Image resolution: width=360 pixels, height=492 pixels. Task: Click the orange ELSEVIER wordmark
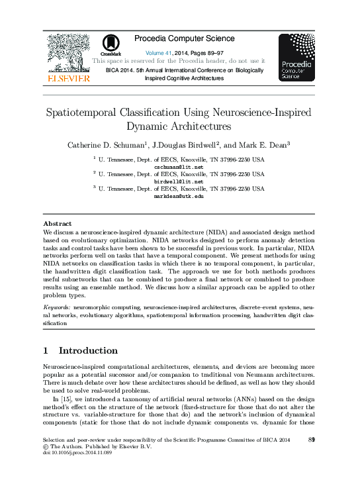click(x=67, y=78)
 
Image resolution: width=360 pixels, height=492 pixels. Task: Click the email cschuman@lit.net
click(x=179, y=168)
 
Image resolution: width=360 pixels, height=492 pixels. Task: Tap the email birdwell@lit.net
click(x=179, y=182)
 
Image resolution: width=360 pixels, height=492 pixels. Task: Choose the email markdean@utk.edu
click(x=179, y=197)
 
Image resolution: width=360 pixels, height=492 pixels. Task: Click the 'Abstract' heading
click(x=56, y=225)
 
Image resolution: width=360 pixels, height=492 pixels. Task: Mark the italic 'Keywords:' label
click(x=58, y=308)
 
